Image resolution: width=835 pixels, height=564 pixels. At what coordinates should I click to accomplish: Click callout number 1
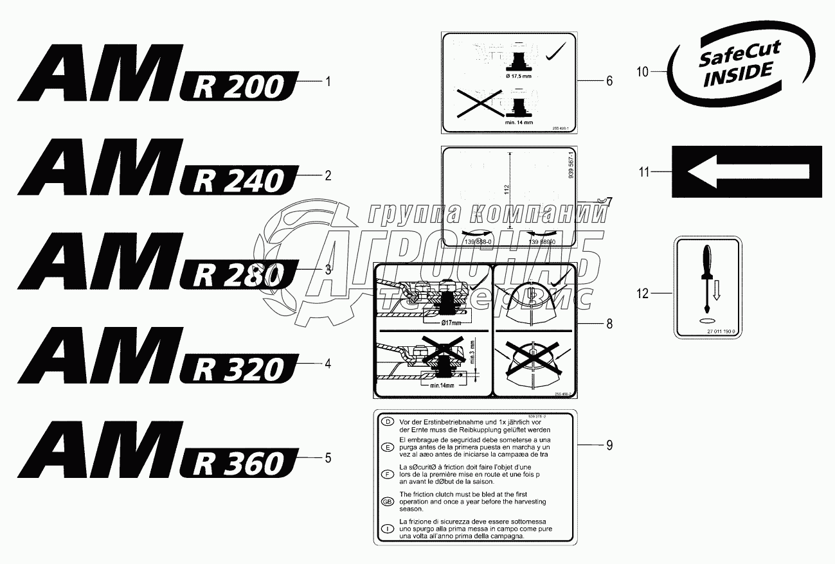pos(328,82)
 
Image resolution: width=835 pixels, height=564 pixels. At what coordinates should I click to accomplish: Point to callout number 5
pos(328,458)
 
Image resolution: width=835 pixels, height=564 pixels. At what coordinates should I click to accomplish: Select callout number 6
pos(609,81)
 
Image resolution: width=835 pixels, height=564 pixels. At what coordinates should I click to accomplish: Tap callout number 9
pos(609,445)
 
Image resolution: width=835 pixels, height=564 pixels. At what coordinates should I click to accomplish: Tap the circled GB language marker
pos(387,501)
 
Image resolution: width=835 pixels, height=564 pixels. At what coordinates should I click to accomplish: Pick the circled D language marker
pos(387,422)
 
